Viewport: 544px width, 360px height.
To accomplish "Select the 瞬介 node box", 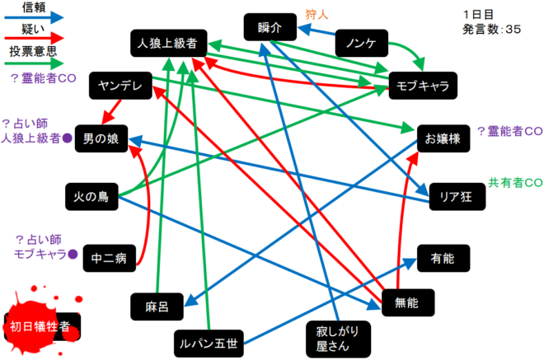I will click(270, 27).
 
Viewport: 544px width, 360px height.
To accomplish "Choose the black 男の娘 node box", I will click(101, 138).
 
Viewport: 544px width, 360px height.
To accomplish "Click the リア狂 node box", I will click(455, 197).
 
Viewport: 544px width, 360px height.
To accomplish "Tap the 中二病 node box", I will click(110, 258).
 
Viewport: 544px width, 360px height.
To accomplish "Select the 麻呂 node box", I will click(157, 306).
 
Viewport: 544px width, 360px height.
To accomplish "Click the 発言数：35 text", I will click(493, 29).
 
